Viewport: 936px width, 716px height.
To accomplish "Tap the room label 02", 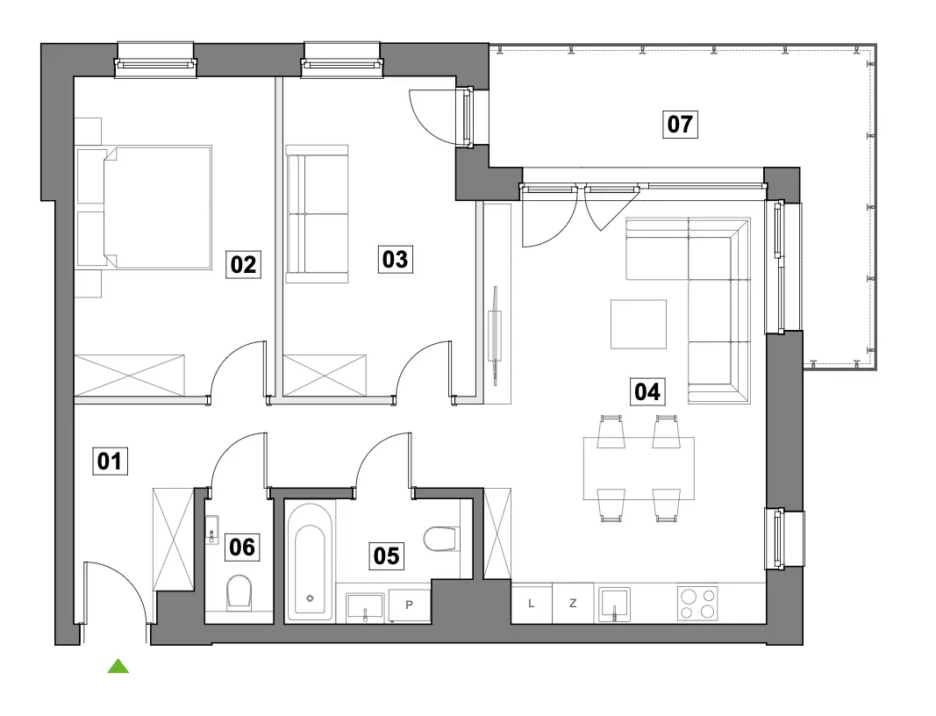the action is [243, 264].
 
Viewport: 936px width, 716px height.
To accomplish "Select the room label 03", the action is [395, 259].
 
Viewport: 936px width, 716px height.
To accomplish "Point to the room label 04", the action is [647, 391].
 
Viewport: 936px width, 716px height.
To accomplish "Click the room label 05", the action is [386, 555].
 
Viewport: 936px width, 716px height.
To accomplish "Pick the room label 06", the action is [242, 547].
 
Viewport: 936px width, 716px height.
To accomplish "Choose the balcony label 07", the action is [680, 125].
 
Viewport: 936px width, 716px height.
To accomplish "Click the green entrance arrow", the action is [118, 666].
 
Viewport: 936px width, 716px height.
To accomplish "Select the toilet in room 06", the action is [239, 593].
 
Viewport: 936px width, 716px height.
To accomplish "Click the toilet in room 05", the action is [442, 539].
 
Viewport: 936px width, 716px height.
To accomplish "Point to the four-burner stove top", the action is [697, 604].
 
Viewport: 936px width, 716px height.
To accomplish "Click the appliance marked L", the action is [532, 604].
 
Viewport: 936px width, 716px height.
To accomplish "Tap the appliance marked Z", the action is [573, 604].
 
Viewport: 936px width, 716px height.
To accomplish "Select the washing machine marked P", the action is [410, 605].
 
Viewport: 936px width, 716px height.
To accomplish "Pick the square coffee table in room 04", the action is [638, 325].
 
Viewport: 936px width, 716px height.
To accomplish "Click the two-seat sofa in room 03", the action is [317, 214].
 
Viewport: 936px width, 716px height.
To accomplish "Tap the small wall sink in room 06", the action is [212, 529].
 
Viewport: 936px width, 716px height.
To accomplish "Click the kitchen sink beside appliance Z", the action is [614, 604].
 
